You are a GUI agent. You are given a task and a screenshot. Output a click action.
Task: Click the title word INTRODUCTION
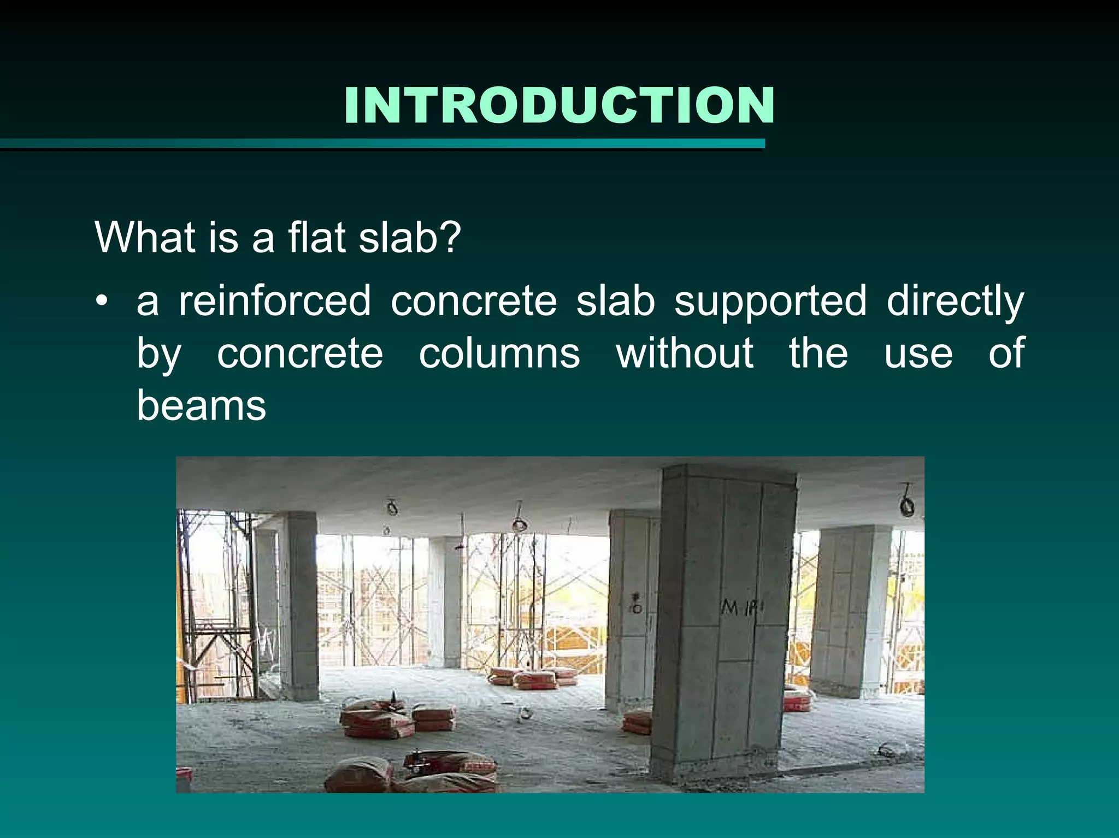tap(559, 105)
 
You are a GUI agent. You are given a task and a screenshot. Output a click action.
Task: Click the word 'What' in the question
tap(145, 238)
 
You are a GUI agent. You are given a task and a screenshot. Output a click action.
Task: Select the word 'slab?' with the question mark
tap(410, 238)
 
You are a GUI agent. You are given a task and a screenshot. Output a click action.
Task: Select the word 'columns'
tap(499, 353)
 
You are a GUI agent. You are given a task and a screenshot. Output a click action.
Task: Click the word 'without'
tap(685, 353)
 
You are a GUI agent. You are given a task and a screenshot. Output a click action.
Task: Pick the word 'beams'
tap(201, 406)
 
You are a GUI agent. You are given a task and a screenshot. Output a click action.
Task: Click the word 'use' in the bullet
tap(918, 353)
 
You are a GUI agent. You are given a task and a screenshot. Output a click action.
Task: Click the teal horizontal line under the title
tap(382, 144)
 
